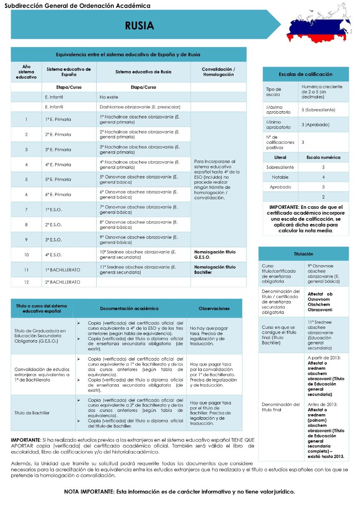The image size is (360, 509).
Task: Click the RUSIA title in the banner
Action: pyautogui.click(x=139, y=25)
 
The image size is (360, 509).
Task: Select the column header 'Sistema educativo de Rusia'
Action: pyautogui.click(x=143, y=72)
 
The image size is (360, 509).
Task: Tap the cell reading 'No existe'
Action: pyautogui.click(x=109, y=97)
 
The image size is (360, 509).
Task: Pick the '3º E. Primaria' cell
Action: pyautogui.click(x=58, y=149)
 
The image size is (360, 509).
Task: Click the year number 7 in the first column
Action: pyautogui.click(x=26, y=209)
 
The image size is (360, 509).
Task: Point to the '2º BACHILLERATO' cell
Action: pyautogui.click(x=62, y=282)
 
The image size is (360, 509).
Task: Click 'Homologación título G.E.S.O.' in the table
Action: pyautogui.click(x=215, y=254)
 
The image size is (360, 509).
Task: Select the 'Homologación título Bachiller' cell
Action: pyautogui.click(x=215, y=269)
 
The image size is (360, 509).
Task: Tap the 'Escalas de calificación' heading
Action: pyautogui.click(x=305, y=74)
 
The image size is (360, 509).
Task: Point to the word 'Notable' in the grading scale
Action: pyautogui.click(x=280, y=177)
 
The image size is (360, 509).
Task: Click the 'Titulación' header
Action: pyautogui.click(x=303, y=254)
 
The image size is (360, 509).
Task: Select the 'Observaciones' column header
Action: pyautogui.click(x=214, y=308)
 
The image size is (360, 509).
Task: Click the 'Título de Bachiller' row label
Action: pyautogui.click(x=32, y=413)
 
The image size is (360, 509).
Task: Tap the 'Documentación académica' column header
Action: pyautogui.click(x=129, y=308)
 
